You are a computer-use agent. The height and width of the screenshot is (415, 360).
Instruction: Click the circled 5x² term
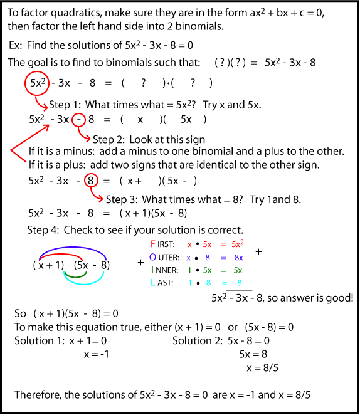(x=36, y=83)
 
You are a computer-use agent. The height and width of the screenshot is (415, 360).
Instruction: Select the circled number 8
(x=90, y=181)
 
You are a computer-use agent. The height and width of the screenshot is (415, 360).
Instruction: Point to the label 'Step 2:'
(x=110, y=139)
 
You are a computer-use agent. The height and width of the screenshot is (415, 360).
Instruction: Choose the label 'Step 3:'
(x=124, y=199)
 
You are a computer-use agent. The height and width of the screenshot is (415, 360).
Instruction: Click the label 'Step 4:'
(x=43, y=230)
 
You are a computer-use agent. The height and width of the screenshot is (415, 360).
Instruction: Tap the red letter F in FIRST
(x=152, y=243)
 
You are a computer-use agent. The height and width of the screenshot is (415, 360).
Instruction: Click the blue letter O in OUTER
(x=153, y=257)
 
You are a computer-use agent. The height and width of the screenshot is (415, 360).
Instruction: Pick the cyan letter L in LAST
(x=152, y=283)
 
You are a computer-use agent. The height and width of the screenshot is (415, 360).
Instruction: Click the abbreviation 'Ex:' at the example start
(x=18, y=46)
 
